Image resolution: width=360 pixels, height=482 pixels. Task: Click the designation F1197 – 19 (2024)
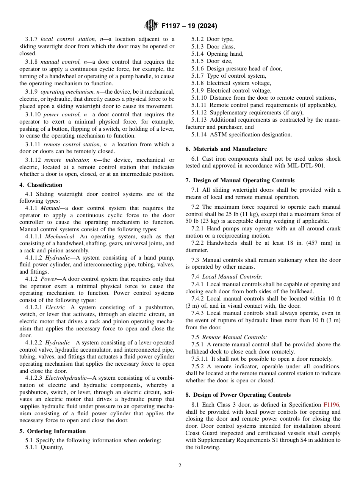tap(189, 26)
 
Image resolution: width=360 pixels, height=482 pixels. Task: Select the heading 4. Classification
tap(41, 185)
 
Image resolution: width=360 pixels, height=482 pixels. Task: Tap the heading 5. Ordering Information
tap(53, 431)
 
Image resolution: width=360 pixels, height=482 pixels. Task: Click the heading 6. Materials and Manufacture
tap(226, 149)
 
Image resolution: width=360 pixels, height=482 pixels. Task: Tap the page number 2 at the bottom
tap(180, 466)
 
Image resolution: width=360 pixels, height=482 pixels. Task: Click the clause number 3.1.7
tap(32, 39)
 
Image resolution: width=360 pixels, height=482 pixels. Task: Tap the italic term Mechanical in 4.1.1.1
tap(59, 236)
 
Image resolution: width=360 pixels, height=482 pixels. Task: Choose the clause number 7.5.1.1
tap(201, 359)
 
